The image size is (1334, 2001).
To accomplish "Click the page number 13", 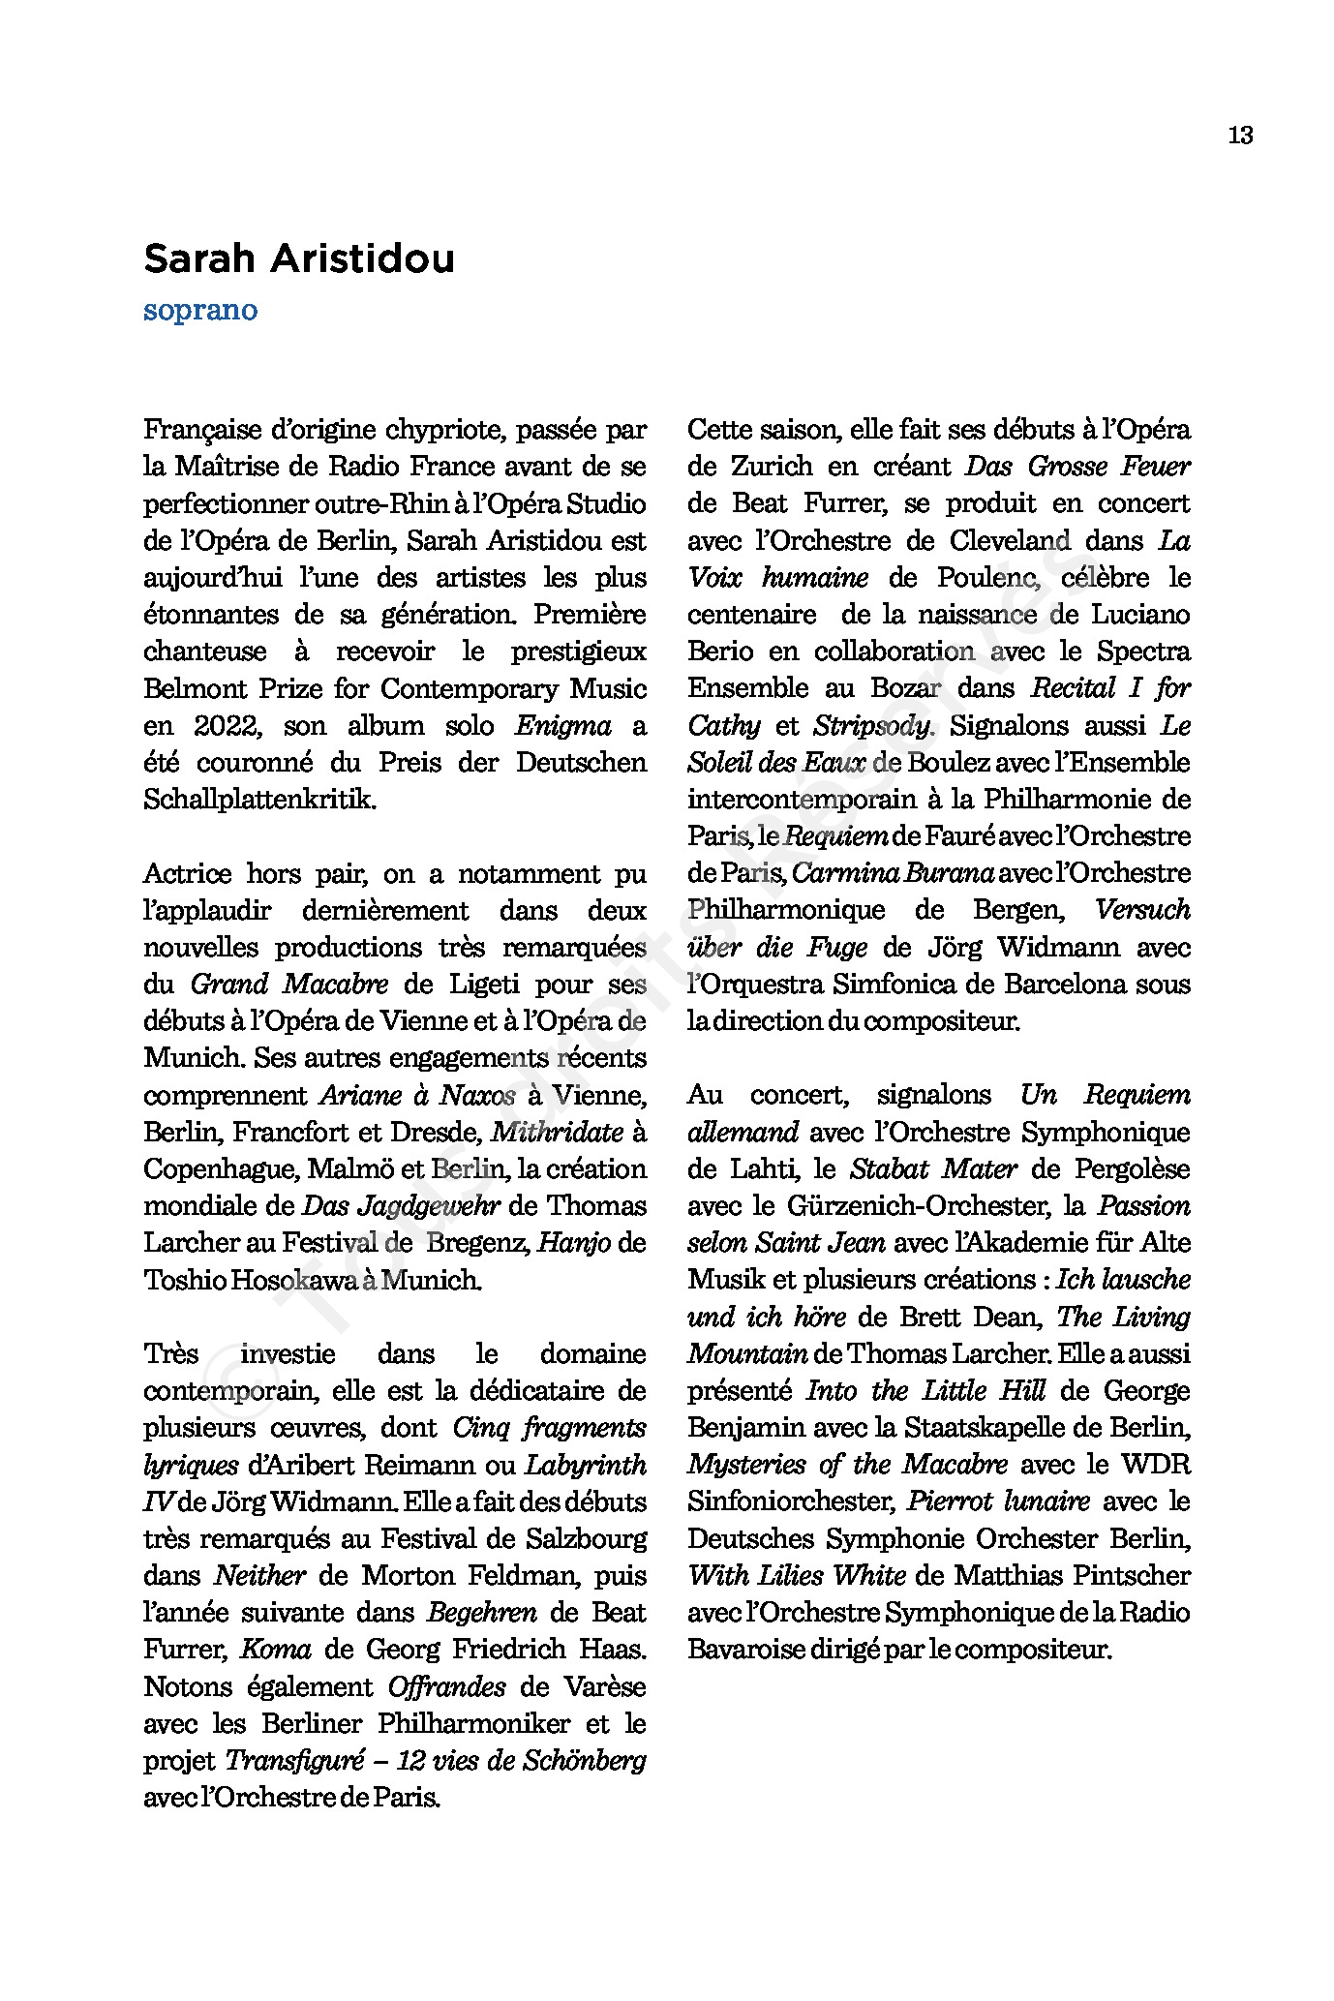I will (x=1240, y=136).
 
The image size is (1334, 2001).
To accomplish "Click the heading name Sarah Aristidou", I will (x=298, y=259).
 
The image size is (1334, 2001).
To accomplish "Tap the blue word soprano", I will (x=200, y=311).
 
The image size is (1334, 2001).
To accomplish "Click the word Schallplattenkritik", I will (x=258, y=801).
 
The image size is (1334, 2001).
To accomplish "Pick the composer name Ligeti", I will (x=486, y=985).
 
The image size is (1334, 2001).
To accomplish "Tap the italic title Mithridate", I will (x=558, y=1132).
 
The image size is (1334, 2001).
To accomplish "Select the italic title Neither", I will (x=259, y=1576).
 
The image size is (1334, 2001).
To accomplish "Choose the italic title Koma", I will (x=276, y=1650).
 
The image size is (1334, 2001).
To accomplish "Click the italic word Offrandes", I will (x=446, y=1687).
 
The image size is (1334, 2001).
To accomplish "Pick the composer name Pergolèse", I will (x=1132, y=1169).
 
